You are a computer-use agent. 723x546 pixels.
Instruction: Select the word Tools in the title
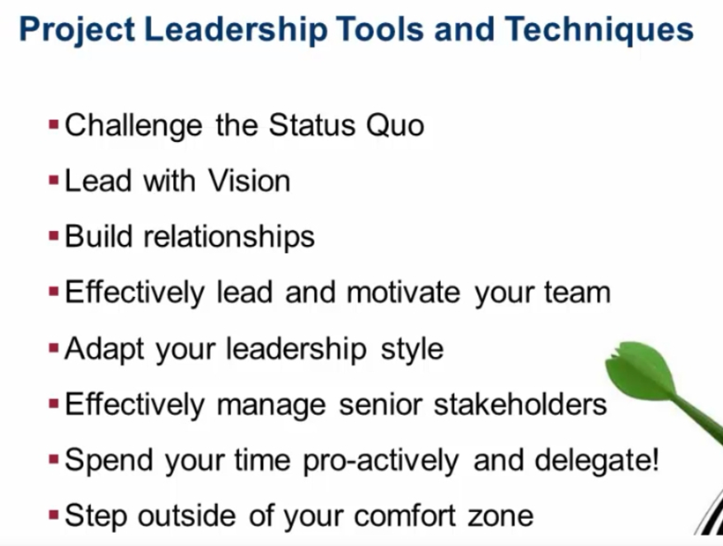pos(379,30)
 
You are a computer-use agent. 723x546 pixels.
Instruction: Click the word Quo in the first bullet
pos(395,125)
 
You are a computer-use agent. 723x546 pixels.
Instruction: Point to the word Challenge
pos(134,126)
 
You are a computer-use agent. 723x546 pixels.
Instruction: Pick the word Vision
pos(249,181)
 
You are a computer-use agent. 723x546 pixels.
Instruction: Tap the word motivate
pos(403,293)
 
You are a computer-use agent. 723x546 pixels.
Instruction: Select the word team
pos(577,293)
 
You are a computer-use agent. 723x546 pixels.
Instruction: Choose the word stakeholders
pos(520,404)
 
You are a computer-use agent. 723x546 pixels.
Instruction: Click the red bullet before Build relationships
pos(54,236)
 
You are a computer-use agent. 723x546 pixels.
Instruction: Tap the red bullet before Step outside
pos(54,514)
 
